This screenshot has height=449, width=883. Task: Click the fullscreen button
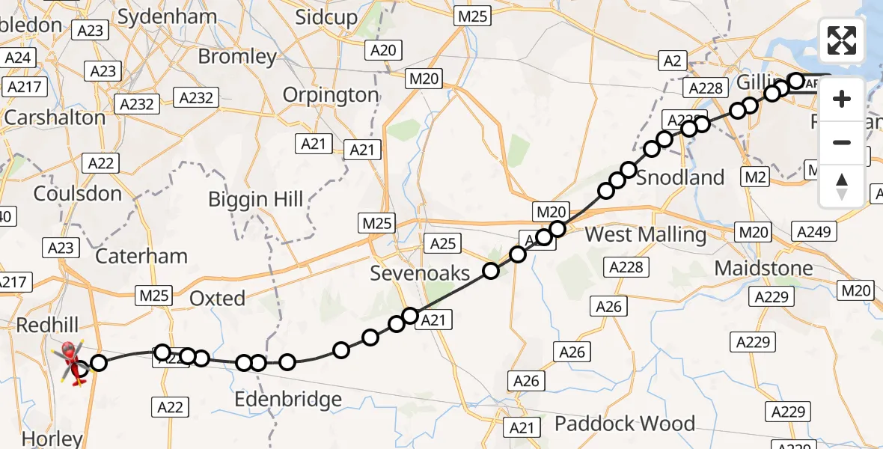pyautogui.click(x=842, y=40)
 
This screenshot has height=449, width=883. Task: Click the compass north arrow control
pyautogui.click(x=842, y=186)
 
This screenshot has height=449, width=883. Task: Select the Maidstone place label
pyautogui.click(x=763, y=268)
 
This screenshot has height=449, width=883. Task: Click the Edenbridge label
pyautogui.click(x=288, y=399)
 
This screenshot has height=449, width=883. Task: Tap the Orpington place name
pyautogui.click(x=331, y=95)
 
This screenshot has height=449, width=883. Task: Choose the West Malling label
pyautogui.click(x=645, y=234)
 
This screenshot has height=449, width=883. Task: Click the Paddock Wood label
pyautogui.click(x=624, y=424)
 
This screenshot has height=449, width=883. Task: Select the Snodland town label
pyautogui.click(x=680, y=177)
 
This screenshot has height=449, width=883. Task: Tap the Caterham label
pyautogui.click(x=142, y=256)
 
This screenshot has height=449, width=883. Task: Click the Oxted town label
pyautogui.click(x=217, y=299)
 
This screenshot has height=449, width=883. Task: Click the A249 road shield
pyautogui.click(x=814, y=232)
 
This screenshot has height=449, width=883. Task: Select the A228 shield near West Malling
pyautogui.click(x=629, y=267)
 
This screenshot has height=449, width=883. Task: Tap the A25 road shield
pyautogui.click(x=443, y=242)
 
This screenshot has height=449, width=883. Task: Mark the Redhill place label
pyautogui.click(x=47, y=325)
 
